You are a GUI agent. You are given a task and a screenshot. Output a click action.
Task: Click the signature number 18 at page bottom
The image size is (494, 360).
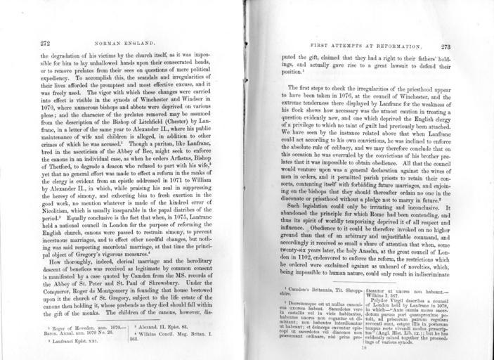click(363, 347)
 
